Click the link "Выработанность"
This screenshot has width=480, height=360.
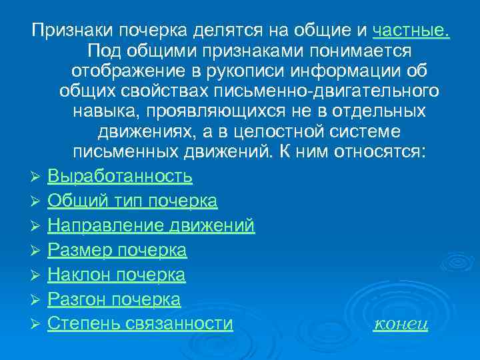[120, 177]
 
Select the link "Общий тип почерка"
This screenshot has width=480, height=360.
[133, 201]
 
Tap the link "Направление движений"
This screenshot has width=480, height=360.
[151, 226]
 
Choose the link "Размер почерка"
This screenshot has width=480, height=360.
[117, 251]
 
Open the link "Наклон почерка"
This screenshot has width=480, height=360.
[117, 275]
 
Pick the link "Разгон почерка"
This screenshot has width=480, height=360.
[114, 299]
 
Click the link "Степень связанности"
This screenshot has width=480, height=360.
[141, 324]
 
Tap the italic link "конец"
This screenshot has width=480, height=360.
[401, 325]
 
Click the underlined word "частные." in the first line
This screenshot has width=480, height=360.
[411, 30]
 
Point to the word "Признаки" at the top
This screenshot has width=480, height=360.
[73, 30]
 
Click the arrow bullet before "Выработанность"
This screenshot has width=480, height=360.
[36, 177]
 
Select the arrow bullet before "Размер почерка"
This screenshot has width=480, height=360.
[36, 251]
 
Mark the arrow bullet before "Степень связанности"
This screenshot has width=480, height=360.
[36, 325]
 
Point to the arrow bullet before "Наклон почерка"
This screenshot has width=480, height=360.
[36, 275]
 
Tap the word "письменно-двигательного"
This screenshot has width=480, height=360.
[332, 90]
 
